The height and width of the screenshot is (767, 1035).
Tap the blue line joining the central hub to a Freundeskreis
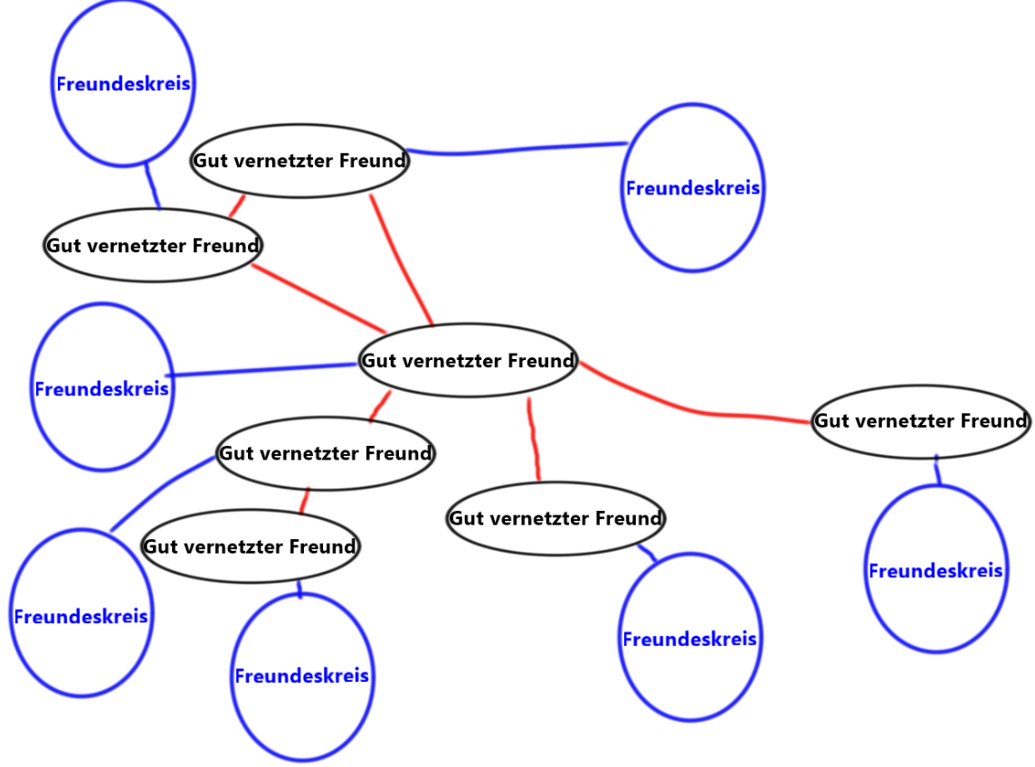[x=262, y=370]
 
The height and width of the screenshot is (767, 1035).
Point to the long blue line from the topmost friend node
[x=516, y=149]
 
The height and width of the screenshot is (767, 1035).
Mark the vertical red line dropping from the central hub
[x=534, y=439]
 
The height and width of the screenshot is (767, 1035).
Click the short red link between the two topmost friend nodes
[x=237, y=206]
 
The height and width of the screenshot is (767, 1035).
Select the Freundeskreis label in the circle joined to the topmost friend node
[x=692, y=189]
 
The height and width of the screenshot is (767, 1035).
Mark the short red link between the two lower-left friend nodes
[x=305, y=500]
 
